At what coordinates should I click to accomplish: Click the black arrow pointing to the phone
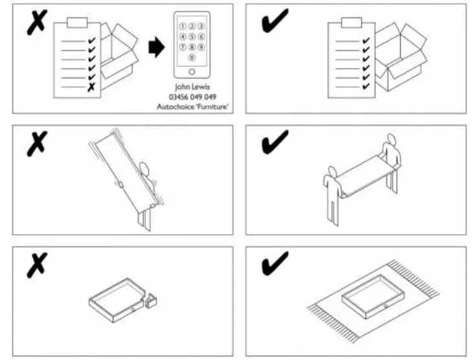pyautogui.click(x=156, y=47)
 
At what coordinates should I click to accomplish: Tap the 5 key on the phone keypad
pyautogui.click(x=192, y=37)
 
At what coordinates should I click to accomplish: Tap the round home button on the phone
pyautogui.click(x=192, y=72)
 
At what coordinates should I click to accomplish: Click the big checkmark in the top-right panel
pyautogui.click(x=275, y=21)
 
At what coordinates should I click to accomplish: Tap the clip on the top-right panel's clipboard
pyautogui.click(x=350, y=23)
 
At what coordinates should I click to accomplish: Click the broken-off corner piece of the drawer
pyautogui.click(x=154, y=300)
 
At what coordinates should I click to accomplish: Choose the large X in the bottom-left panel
pyautogui.click(x=38, y=266)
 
